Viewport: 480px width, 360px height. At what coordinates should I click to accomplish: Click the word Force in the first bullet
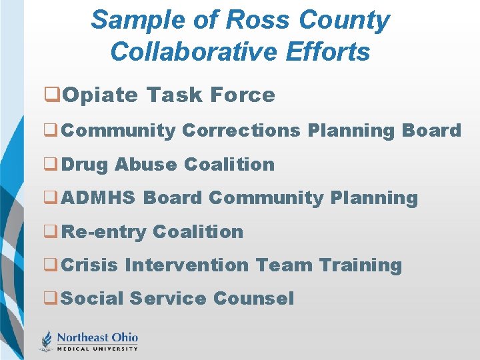pyautogui.click(x=242, y=95)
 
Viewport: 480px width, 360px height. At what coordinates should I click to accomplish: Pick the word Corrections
pyautogui.click(x=241, y=131)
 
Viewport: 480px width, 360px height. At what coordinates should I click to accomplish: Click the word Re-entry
pyautogui.click(x=104, y=232)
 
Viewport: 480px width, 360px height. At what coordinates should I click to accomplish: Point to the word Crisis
pyautogui.click(x=89, y=265)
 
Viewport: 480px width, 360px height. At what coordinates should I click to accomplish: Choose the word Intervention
pyautogui.click(x=187, y=265)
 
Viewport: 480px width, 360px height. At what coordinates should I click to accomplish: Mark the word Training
pyautogui.click(x=361, y=265)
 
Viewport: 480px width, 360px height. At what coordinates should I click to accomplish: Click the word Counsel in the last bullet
pyautogui.click(x=254, y=299)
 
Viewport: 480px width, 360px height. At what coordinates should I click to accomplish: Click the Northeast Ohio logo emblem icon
pyautogui.click(x=46, y=340)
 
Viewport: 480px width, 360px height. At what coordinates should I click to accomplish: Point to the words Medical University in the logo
pyautogui.click(x=97, y=348)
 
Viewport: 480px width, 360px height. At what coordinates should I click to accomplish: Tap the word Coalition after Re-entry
pyautogui.click(x=198, y=232)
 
